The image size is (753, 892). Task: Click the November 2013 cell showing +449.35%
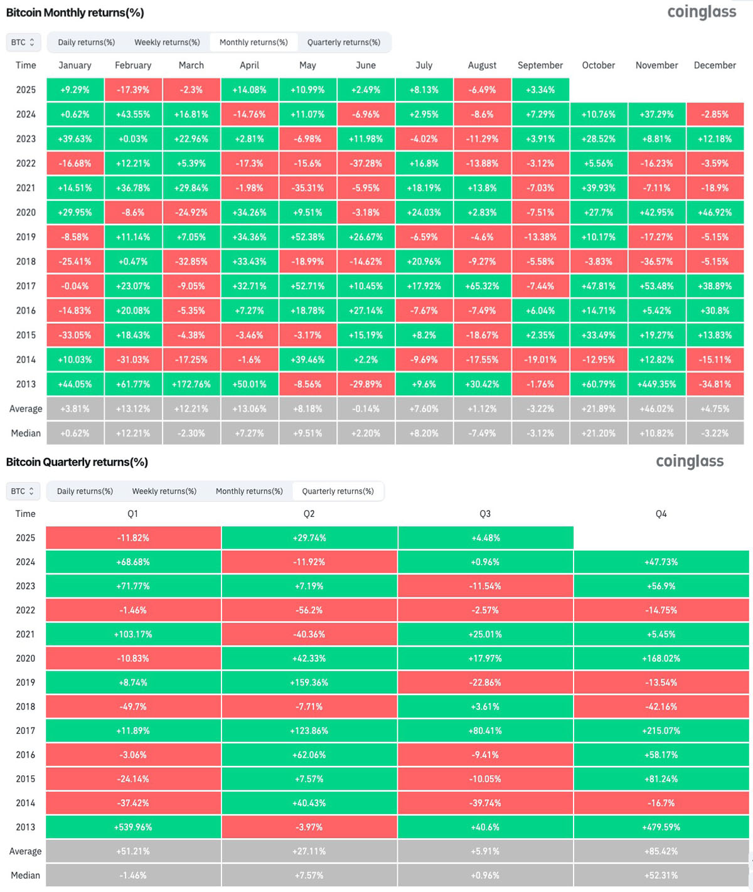[x=656, y=384]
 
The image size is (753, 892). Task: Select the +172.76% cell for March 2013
[x=191, y=384]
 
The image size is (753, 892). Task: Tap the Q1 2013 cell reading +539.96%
[x=133, y=827]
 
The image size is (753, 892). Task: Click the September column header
[x=540, y=65]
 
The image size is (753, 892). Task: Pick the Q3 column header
[x=485, y=514]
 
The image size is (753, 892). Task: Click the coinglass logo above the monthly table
[x=702, y=12]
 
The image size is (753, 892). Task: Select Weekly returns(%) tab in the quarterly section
[x=164, y=491]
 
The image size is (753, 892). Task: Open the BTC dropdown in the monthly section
[x=23, y=42]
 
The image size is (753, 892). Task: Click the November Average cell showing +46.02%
[x=656, y=408]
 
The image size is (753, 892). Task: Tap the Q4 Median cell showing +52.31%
[x=661, y=875]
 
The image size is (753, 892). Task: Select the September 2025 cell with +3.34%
[x=540, y=90]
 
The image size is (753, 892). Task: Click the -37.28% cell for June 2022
[x=366, y=163]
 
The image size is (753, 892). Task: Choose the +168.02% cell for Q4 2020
[x=661, y=658]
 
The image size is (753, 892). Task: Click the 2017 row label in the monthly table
[x=26, y=286]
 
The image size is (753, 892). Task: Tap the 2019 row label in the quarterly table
[x=26, y=682]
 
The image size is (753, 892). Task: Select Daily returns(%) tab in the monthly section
[x=86, y=42]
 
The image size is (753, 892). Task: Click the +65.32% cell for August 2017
[x=482, y=286]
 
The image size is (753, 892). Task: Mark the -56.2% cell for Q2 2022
[x=309, y=610]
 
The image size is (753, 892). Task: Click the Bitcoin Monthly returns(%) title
[x=75, y=13]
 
